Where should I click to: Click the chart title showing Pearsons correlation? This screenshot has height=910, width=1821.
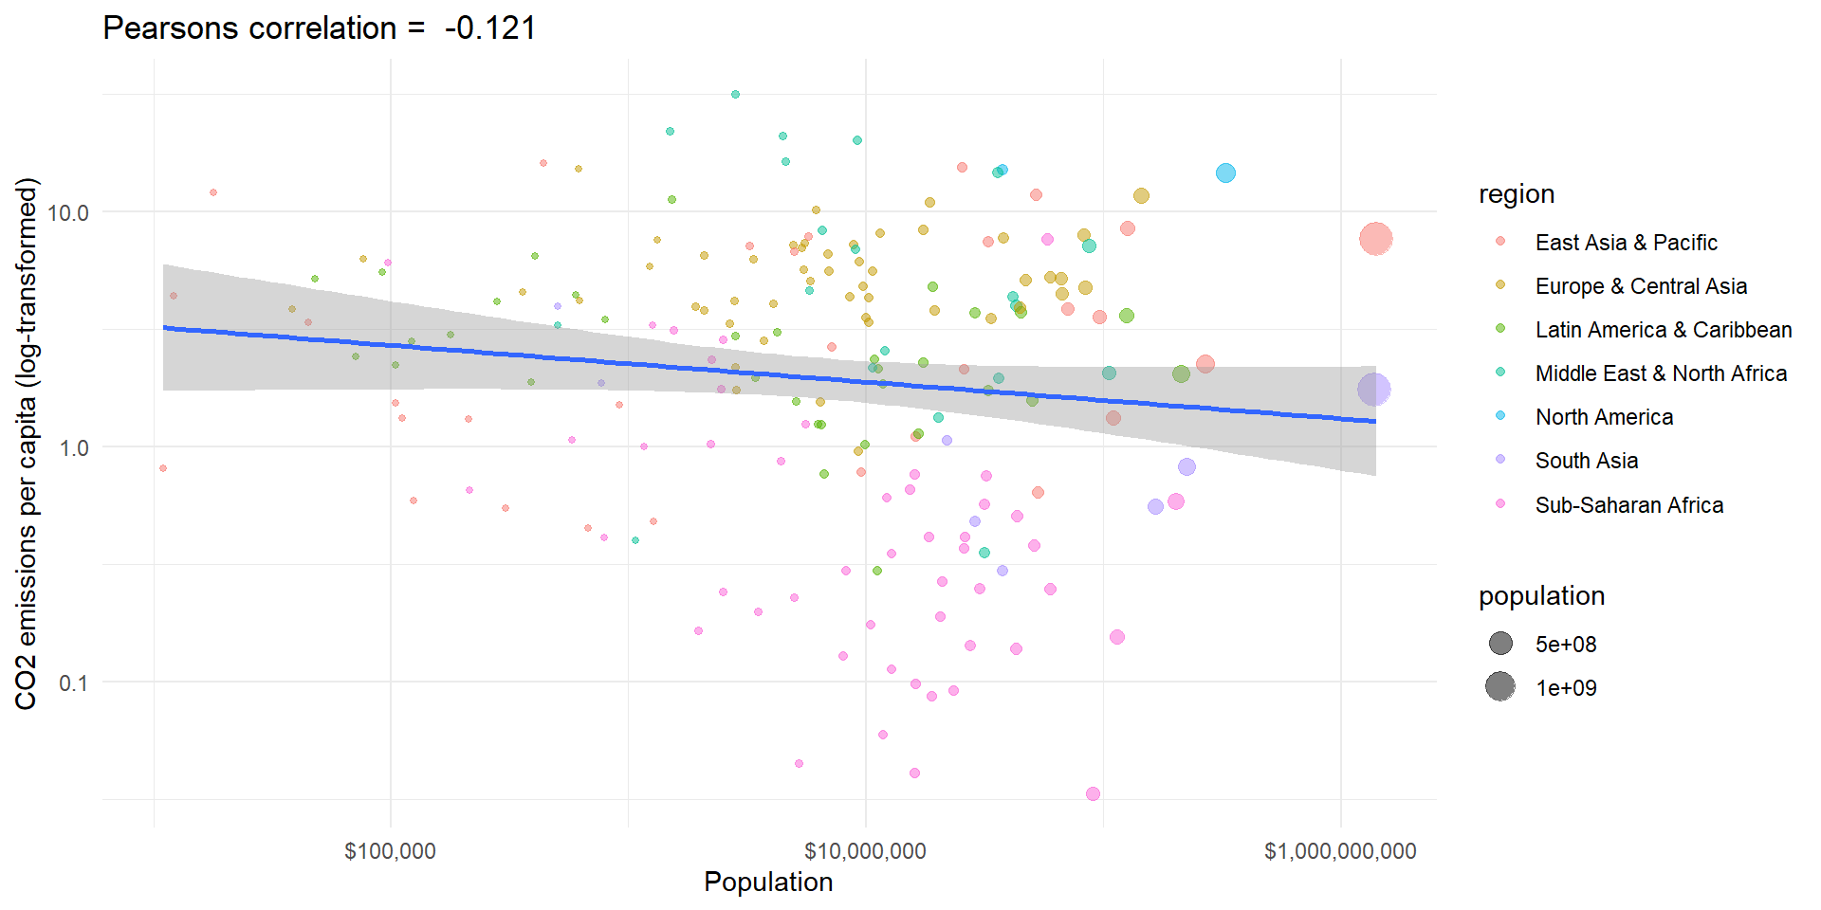319,28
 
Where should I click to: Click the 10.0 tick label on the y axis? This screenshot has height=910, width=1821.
67,212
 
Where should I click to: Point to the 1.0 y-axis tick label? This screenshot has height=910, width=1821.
73,447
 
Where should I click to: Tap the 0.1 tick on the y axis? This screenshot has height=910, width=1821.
73,682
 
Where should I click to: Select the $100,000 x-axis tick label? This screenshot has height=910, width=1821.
390,850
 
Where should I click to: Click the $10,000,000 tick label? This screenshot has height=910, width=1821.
865,850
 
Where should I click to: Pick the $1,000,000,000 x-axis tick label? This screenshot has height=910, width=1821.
1339,850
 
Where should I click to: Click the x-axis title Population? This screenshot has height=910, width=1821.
768,882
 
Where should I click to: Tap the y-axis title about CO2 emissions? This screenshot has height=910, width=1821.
27,444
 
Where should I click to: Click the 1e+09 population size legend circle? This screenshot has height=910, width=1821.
1500,686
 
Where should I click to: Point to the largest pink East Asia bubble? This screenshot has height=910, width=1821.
1375,239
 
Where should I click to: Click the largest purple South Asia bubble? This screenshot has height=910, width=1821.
1373,389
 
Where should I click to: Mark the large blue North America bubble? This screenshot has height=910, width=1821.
1225,173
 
